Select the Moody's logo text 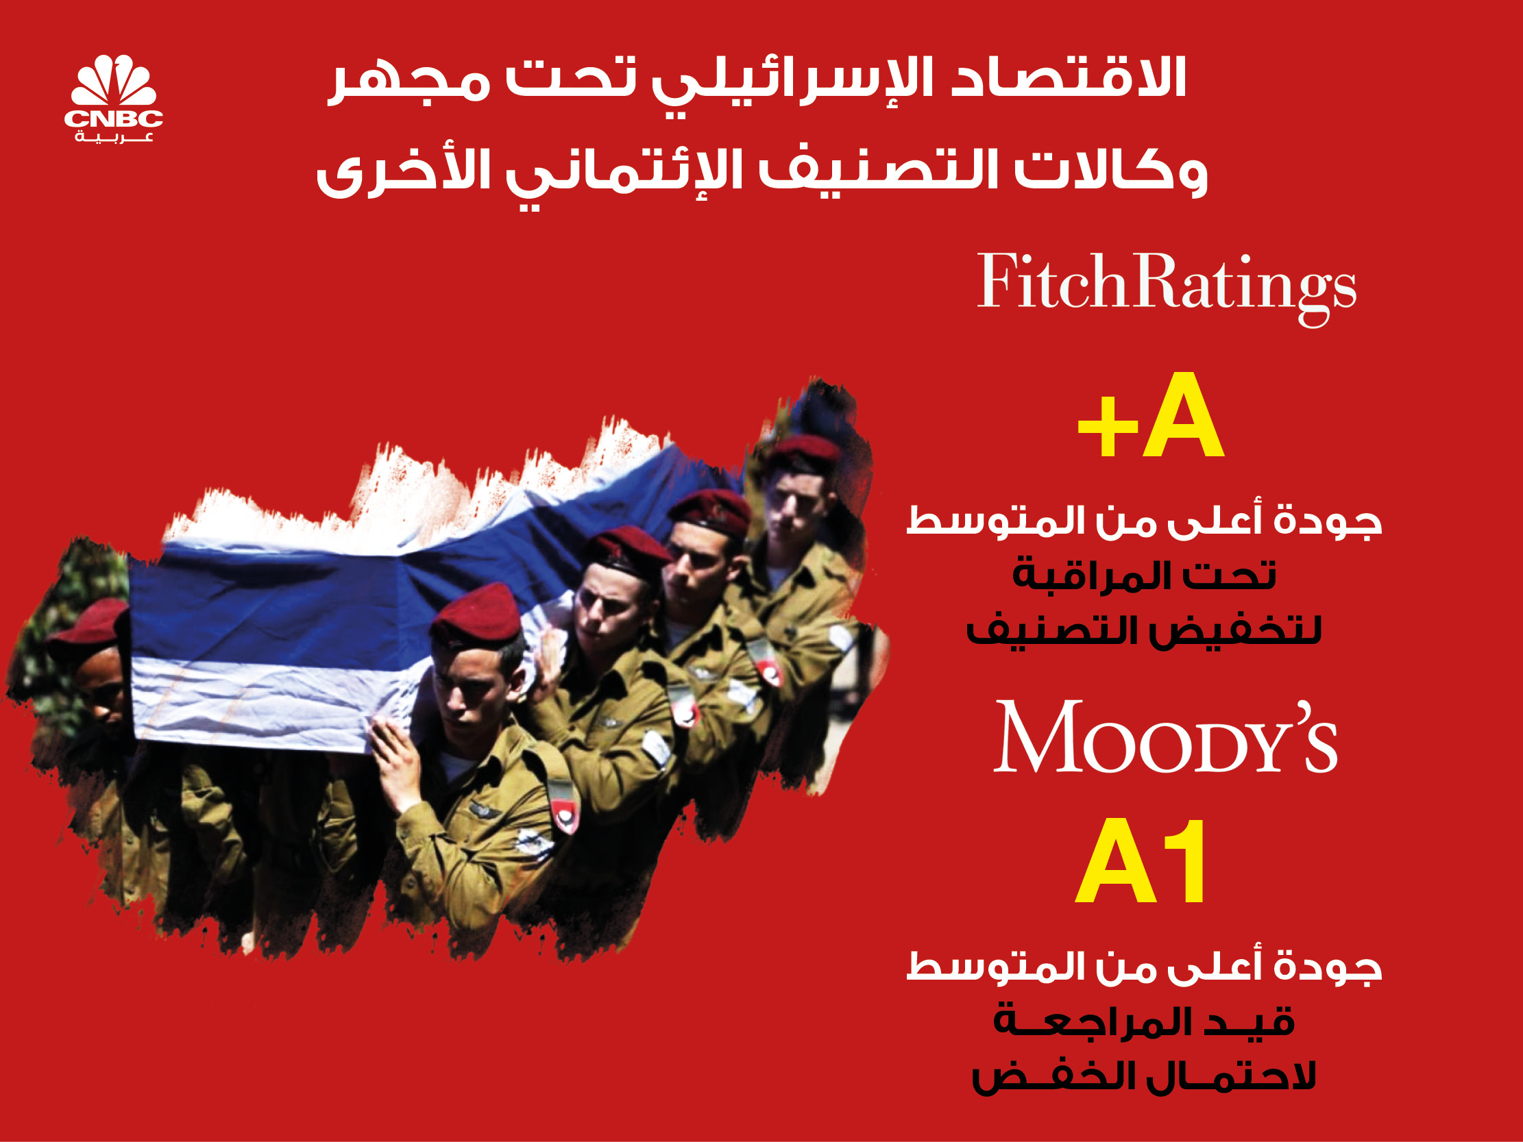(x=1166, y=736)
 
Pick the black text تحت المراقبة (x=1145, y=575)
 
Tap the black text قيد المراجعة (x=1144, y=1021)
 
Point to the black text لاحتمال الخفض (x=1144, y=1077)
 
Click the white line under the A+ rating (x=1145, y=521)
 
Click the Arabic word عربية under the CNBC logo (x=114, y=138)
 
